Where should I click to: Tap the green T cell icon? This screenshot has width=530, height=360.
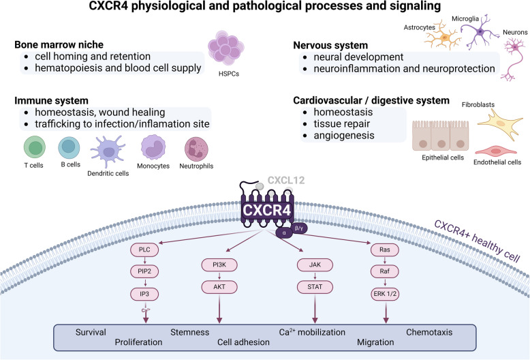[x=33, y=147]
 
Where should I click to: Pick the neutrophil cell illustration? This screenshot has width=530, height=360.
[x=198, y=148]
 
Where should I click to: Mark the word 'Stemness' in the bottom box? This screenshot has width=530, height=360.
[x=189, y=332]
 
